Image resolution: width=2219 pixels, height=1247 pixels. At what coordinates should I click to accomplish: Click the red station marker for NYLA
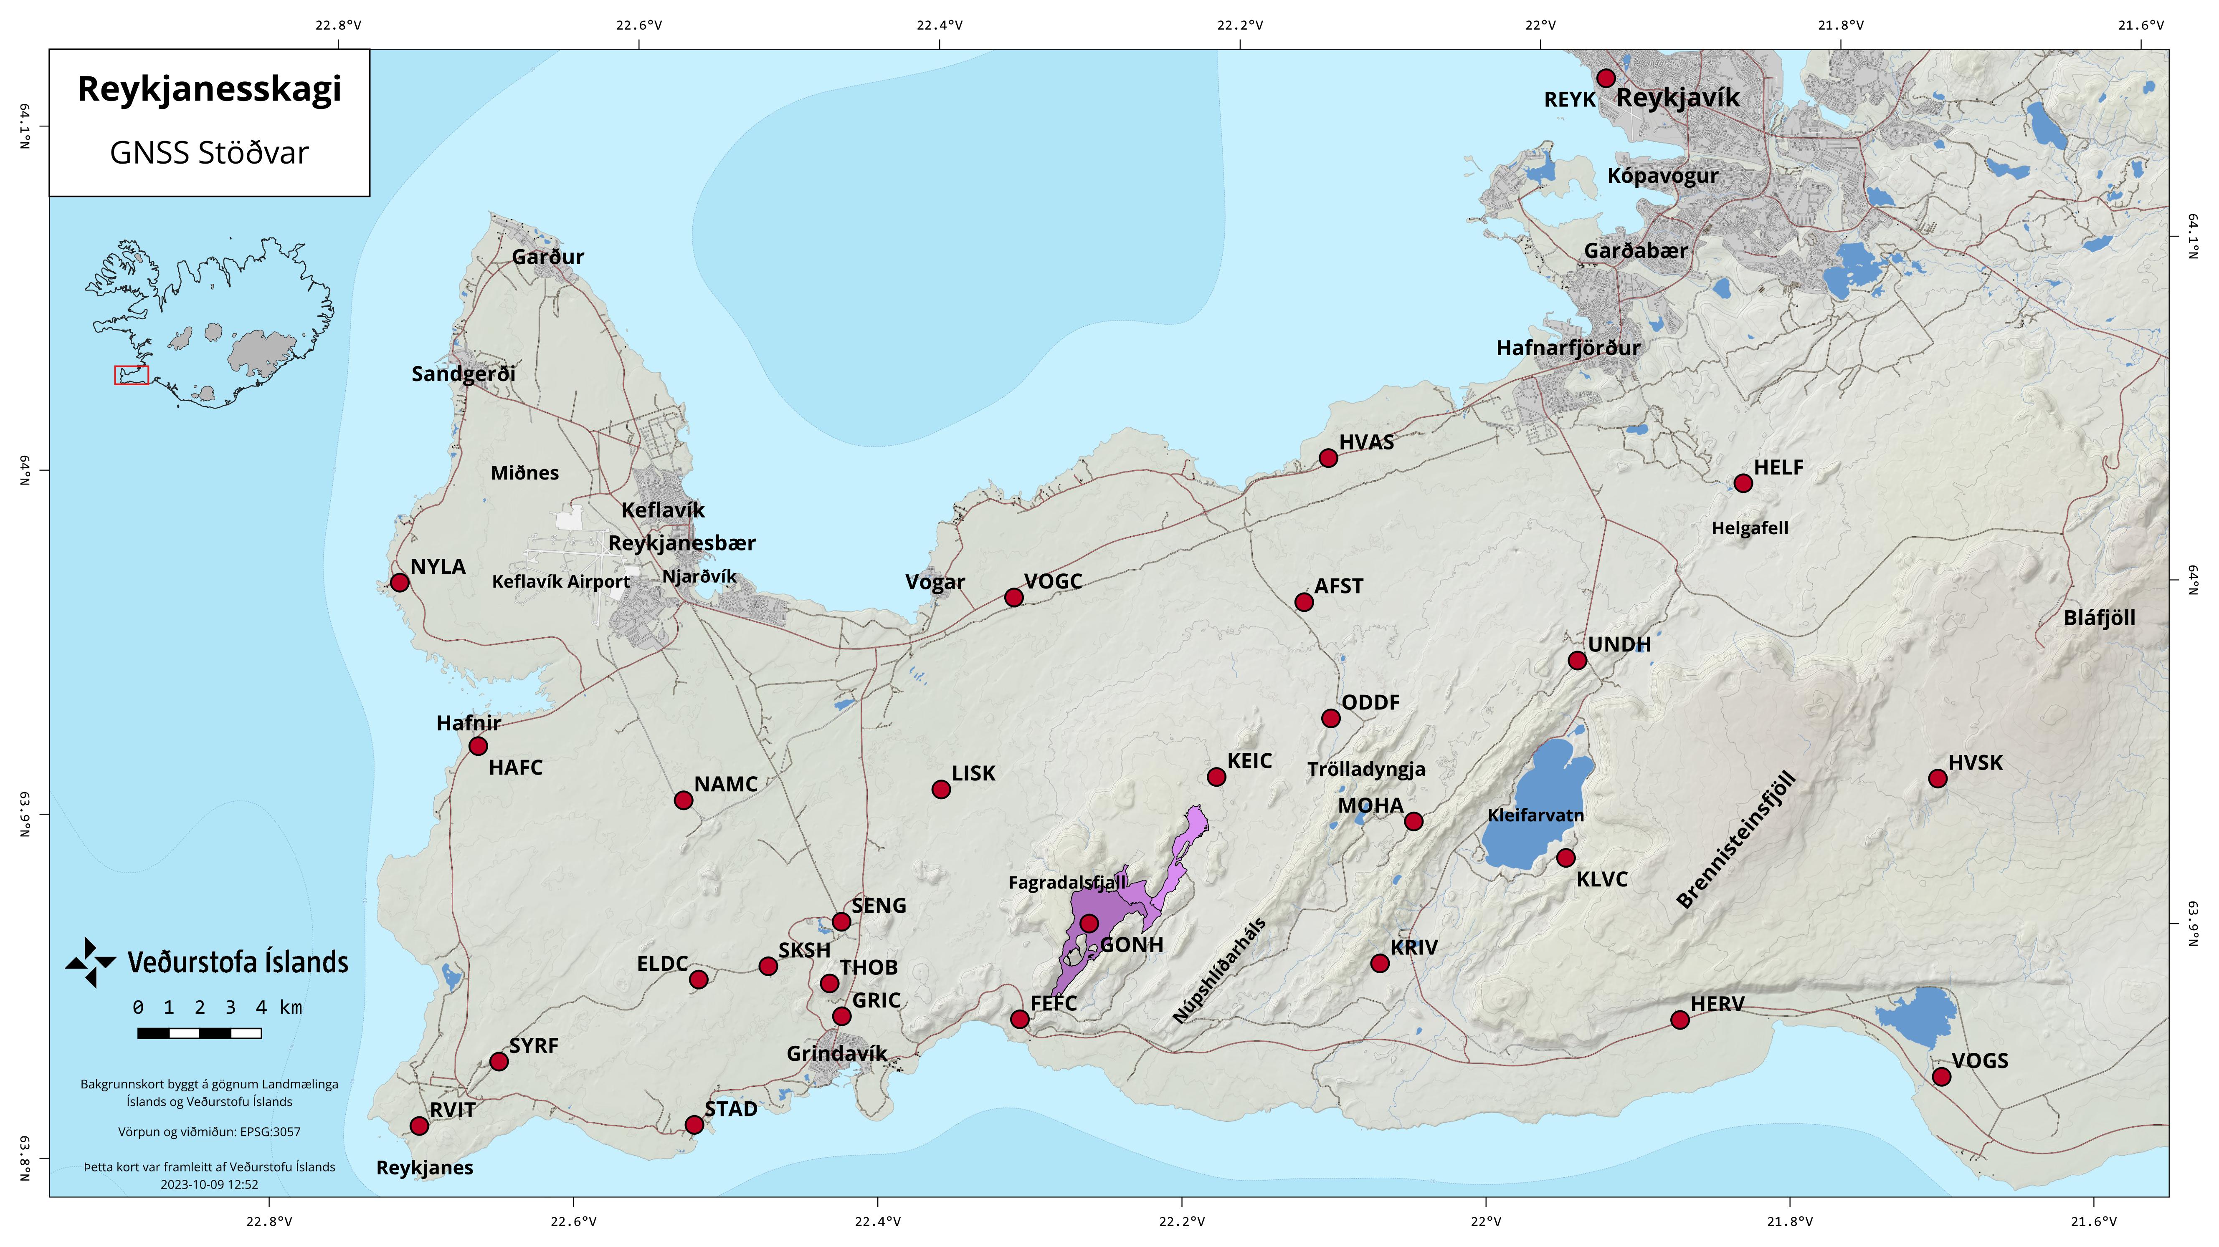(x=399, y=583)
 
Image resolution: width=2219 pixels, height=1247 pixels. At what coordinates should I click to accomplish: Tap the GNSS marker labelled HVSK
(x=1937, y=778)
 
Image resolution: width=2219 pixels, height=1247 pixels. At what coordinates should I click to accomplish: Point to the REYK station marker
(x=1606, y=78)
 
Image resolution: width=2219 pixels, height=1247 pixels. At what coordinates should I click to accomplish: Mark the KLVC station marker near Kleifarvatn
(x=1566, y=858)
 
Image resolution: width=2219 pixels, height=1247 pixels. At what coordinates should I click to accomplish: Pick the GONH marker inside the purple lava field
(x=1089, y=923)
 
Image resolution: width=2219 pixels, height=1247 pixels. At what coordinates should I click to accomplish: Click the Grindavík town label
(x=836, y=1053)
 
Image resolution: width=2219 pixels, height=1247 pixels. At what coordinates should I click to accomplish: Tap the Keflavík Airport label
(x=561, y=581)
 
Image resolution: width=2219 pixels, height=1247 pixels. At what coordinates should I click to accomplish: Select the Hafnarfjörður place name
(x=1568, y=348)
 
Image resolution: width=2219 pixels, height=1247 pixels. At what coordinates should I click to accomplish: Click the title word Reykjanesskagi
(x=209, y=89)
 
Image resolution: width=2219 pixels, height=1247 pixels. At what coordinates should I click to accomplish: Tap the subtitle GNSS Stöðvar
(x=209, y=153)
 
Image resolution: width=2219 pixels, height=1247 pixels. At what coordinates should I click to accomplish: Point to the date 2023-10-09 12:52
(x=209, y=1184)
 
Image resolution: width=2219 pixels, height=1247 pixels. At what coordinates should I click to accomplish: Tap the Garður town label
(x=548, y=257)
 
